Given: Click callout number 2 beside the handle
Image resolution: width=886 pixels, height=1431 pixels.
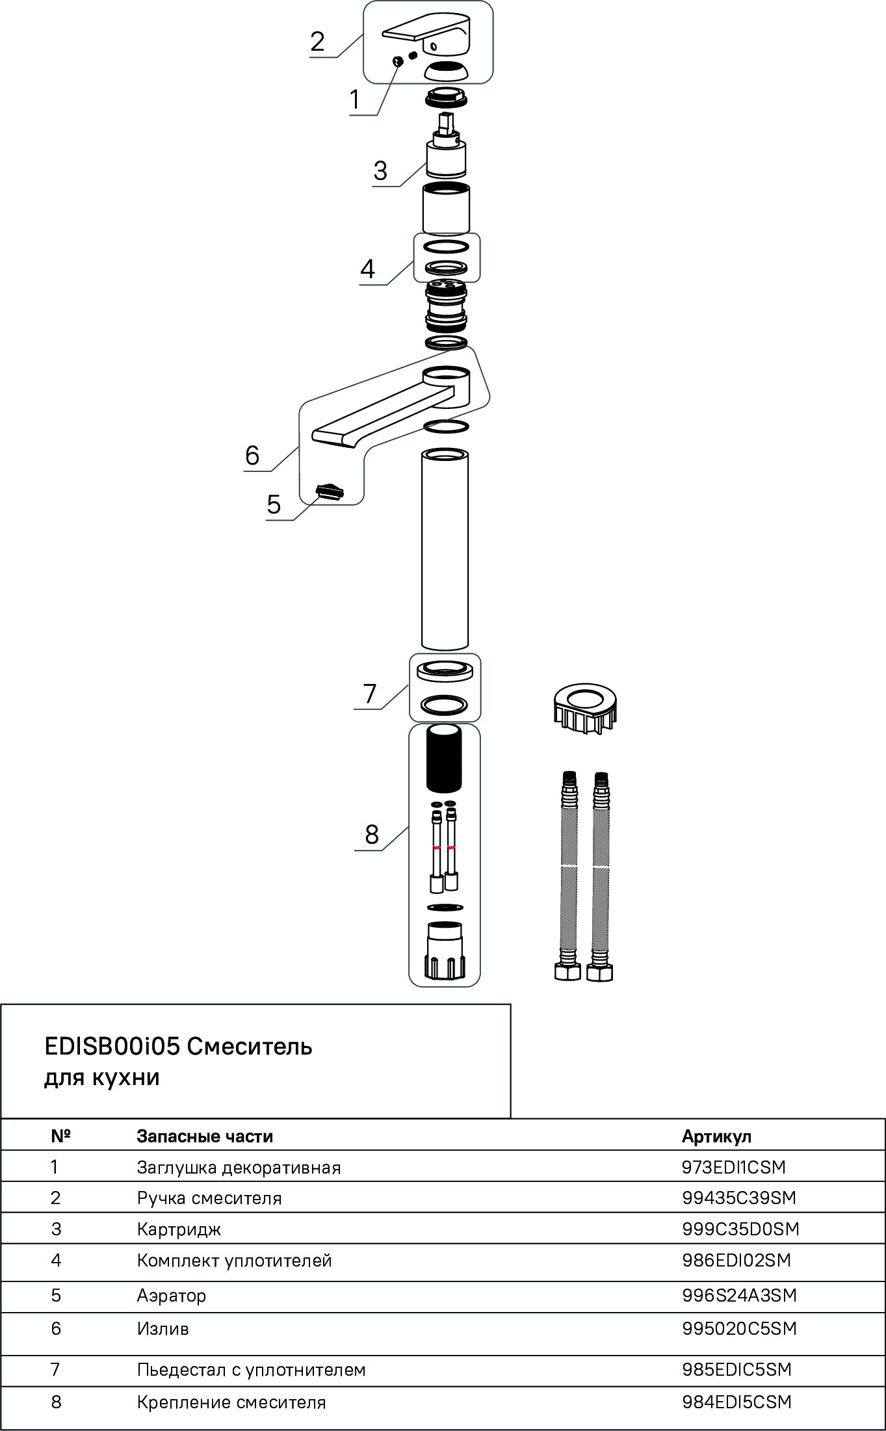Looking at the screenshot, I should [x=317, y=42].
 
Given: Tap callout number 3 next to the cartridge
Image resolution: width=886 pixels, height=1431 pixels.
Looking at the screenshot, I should [x=380, y=170].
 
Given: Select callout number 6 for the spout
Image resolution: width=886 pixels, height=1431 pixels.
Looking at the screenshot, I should [x=252, y=455].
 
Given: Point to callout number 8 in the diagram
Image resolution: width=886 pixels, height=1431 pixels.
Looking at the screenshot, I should [x=372, y=834].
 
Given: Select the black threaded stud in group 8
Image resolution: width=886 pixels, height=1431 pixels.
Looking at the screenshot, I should [x=445, y=759].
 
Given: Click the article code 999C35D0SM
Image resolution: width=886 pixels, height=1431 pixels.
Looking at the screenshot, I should [x=740, y=1229].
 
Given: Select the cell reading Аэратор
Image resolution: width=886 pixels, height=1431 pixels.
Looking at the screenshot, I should [x=172, y=1295].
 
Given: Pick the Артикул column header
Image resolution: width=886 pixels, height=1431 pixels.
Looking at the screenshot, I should [x=716, y=1136].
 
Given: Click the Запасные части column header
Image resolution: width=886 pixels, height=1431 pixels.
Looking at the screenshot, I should [x=205, y=1136].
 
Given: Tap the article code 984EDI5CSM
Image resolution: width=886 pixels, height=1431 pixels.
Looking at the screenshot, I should [x=737, y=1402].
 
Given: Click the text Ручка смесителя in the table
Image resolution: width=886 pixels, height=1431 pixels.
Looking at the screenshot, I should [x=209, y=1198].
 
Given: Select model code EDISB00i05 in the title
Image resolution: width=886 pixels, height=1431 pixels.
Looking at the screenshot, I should [x=111, y=1047].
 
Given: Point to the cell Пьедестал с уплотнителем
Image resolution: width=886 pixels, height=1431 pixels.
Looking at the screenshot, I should [x=252, y=1369].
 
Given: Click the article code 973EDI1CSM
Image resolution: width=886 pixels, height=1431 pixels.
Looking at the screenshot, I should [x=734, y=1167].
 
